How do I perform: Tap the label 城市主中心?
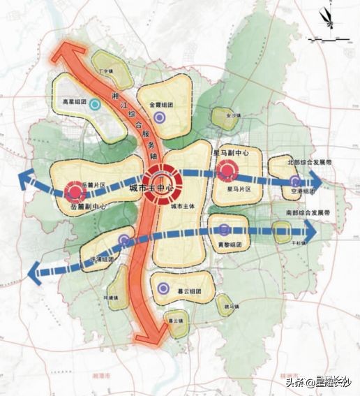(x=151, y=189)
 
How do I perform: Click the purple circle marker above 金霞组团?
(x=161, y=118)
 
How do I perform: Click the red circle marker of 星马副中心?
(x=226, y=170)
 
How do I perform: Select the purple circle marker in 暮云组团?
(x=163, y=287)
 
